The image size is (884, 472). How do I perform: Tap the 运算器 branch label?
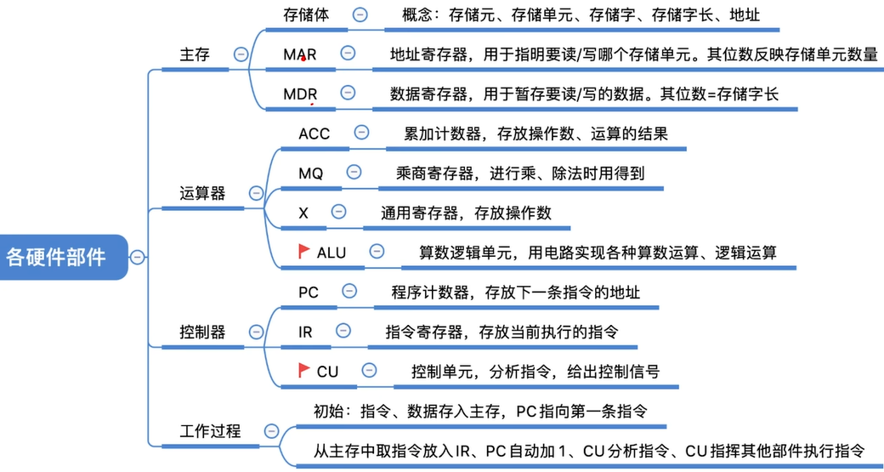coord(203,193)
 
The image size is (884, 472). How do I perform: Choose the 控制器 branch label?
coord(203,332)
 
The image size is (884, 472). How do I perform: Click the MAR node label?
coord(300,54)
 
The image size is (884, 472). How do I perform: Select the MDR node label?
coord(300,94)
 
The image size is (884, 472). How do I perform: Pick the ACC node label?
coord(314,134)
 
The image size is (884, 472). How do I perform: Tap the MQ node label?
coord(311,173)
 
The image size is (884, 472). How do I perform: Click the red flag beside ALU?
coord(303,251)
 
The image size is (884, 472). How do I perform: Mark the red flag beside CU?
coord(303,370)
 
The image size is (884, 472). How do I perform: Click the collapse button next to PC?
coord(349,292)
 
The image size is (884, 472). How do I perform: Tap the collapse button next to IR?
coord(343,331)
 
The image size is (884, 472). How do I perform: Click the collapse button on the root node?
coord(137,256)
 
